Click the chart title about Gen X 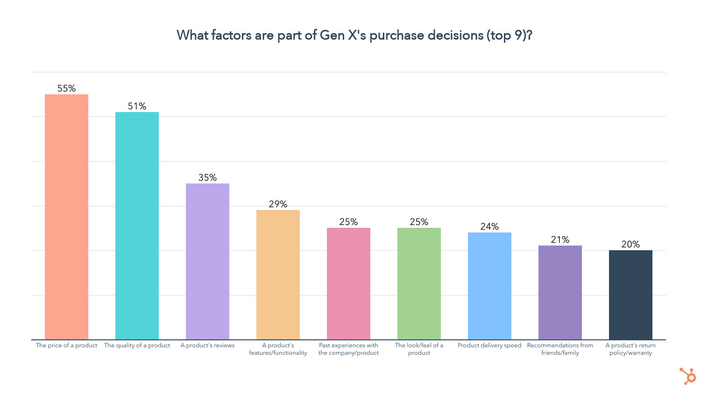click(x=354, y=35)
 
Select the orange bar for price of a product click(x=66, y=217)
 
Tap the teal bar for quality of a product click(x=137, y=226)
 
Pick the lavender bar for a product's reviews click(x=207, y=261)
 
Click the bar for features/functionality click(x=278, y=275)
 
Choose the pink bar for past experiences click(x=348, y=284)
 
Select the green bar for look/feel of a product click(x=419, y=284)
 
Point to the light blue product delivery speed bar click(x=489, y=286)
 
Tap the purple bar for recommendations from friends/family click(x=560, y=293)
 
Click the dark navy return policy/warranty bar click(x=630, y=295)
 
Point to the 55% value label click(x=66, y=88)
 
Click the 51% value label click(x=137, y=106)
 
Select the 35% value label click(x=207, y=177)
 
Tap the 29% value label click(x=278, y=204)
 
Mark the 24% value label click(x=489, y=226)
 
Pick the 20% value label click(x=630, y=244)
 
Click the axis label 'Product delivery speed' click(x=489, y=345)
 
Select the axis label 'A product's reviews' click(x=207, y=345)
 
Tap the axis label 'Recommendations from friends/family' click(x=560, y=349)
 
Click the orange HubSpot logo click(x=687, y=376)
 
